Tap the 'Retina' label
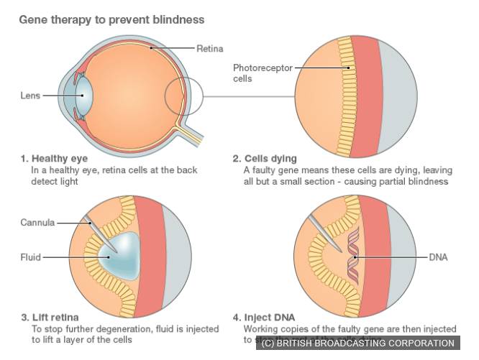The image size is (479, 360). (x=210, y=48)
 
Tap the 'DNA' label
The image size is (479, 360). (x=439, y=256)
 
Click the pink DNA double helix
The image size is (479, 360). (x=352, y=257)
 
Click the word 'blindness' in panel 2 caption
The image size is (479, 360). (x=427, y=182)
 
